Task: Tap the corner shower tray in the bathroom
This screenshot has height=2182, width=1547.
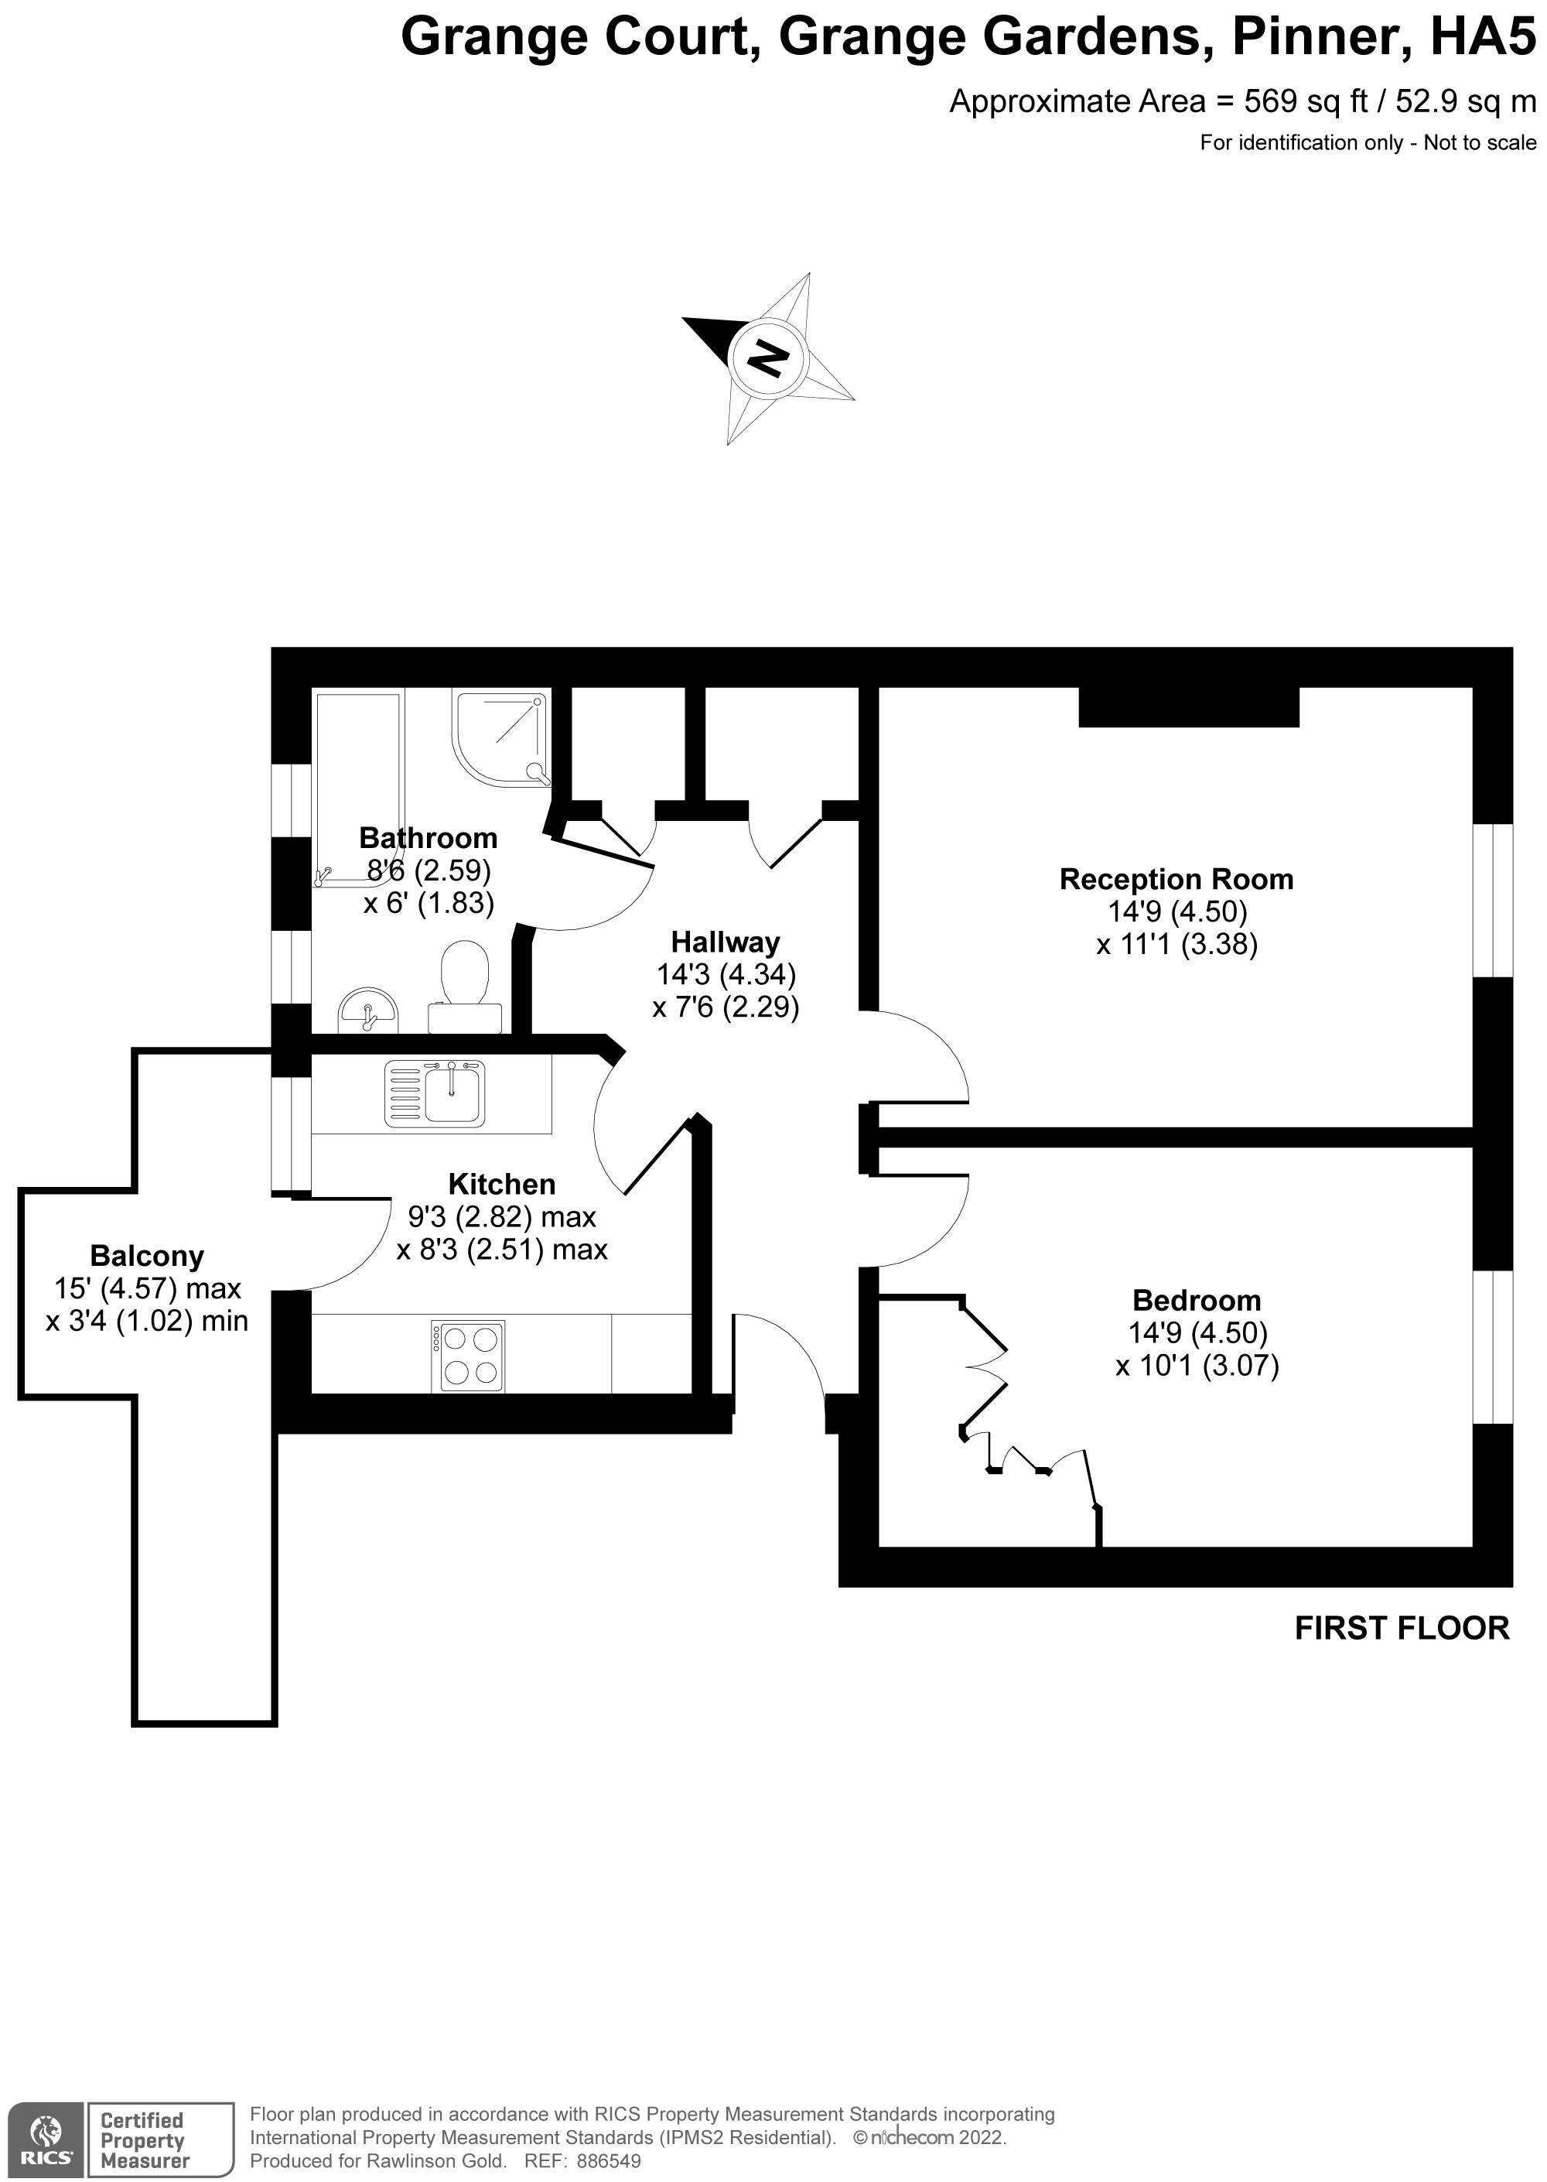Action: tap(501, 740)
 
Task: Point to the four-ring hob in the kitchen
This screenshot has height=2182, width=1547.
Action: tap(468, 1356)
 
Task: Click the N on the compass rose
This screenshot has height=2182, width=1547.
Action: tap(768, 359)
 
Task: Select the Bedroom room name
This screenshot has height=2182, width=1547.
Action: tap(1197, 1301)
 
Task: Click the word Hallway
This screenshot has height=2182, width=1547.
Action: tap(725, 942)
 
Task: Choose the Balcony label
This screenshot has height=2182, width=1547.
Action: tap(147, 1256)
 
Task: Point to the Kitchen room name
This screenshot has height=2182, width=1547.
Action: tap(501, 1185)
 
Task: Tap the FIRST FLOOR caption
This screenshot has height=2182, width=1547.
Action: tap(1402, 1629)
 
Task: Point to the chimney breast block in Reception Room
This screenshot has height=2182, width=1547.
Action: tap(1188, 706)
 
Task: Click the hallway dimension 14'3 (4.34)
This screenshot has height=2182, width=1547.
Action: tap(726, 975)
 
